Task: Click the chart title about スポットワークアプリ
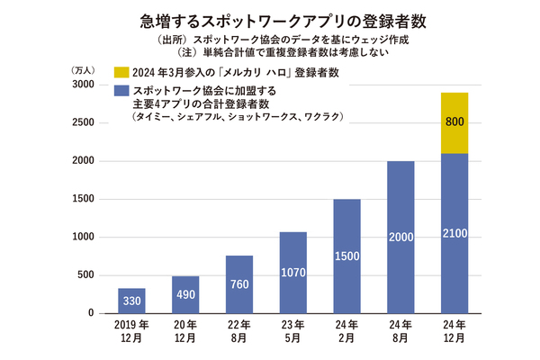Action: pos(270,19)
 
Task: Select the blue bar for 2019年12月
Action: pos(130,301)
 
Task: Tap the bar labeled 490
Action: pos(184,294)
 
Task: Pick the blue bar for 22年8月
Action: pos(238,284)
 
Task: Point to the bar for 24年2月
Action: pos(346,256)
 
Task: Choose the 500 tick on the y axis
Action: pos(85,275)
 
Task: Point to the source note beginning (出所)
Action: pos(270,40)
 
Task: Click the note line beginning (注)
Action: pos(270,53)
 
